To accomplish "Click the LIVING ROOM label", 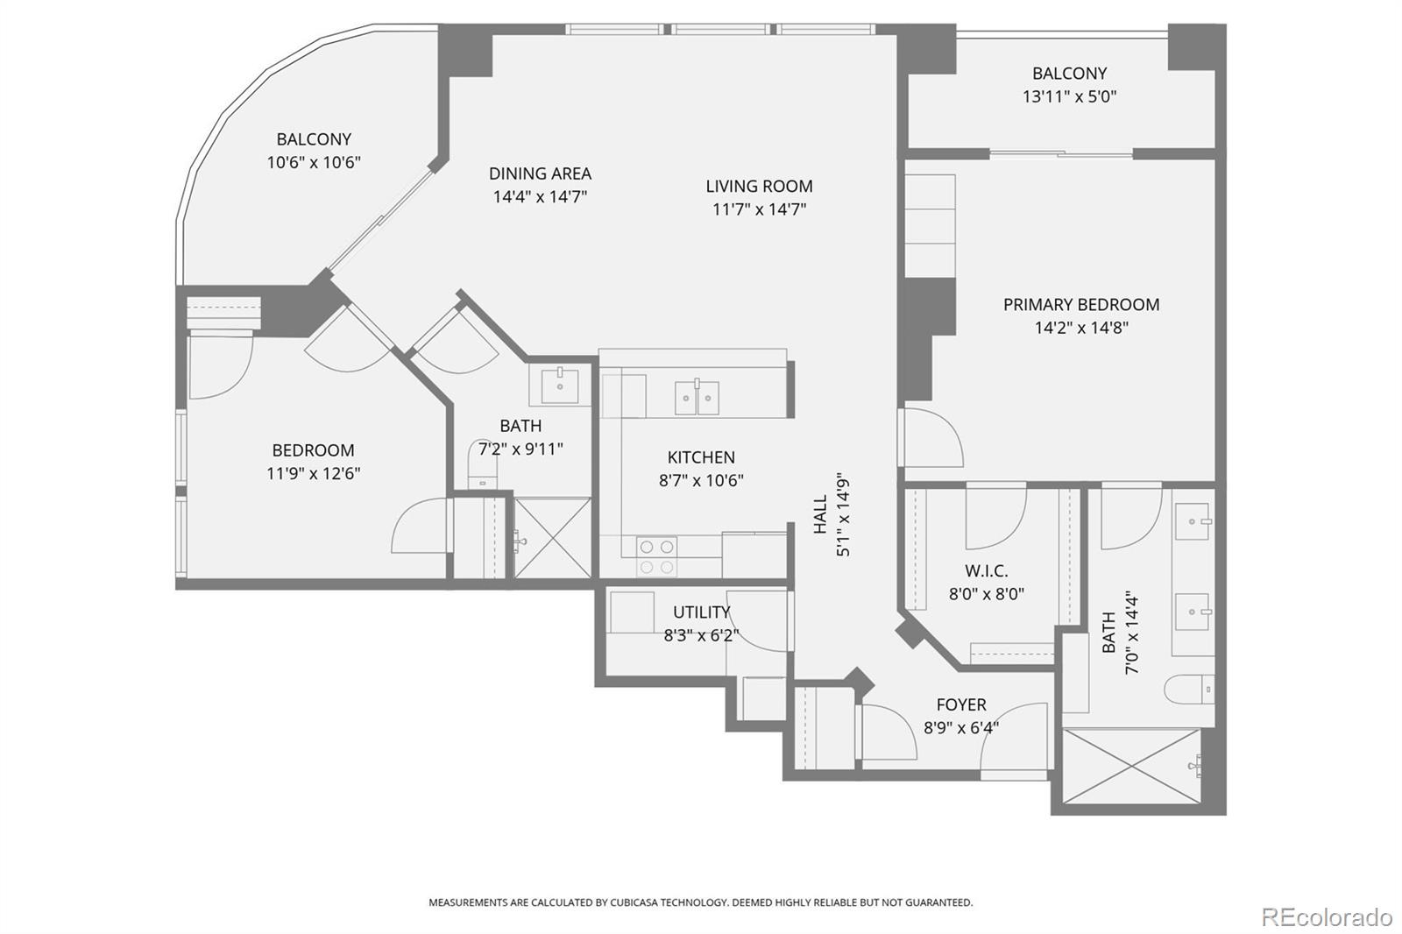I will pyautogui.click(x=759, y=186).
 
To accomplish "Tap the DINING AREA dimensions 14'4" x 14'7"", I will pyautogui.click(x=540, y=196).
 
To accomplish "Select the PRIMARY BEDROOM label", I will pyautogui.click(x=1080, y=304).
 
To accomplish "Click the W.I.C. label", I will pyautogui.click(x=986, y=570).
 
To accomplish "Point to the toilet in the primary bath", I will pyautogui.click(x=1189, y=690).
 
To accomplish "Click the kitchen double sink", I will pyautogui.click(x=697, y=397).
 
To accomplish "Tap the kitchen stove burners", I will pyautogui.click(x=656, y=556).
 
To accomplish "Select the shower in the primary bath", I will pyautogui.click(x=1134, y=766).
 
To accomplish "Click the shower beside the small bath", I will pyautogui.click(x=552, y=538).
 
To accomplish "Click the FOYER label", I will pyautogui.click(x=960, y=704).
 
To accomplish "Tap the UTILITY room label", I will pyautogui.click(x=701, y=612).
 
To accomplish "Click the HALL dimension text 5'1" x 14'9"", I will pyautogui.click(x=843, y=515).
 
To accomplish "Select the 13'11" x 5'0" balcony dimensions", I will pyautogui.click(x=1069, y=96).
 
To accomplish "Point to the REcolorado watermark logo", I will pyautogui.click(x=1326, y=916).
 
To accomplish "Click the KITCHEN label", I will pyautogui.click(x=701, y=456).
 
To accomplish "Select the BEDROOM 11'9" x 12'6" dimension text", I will pyautogui.click(x=313, y=473).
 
